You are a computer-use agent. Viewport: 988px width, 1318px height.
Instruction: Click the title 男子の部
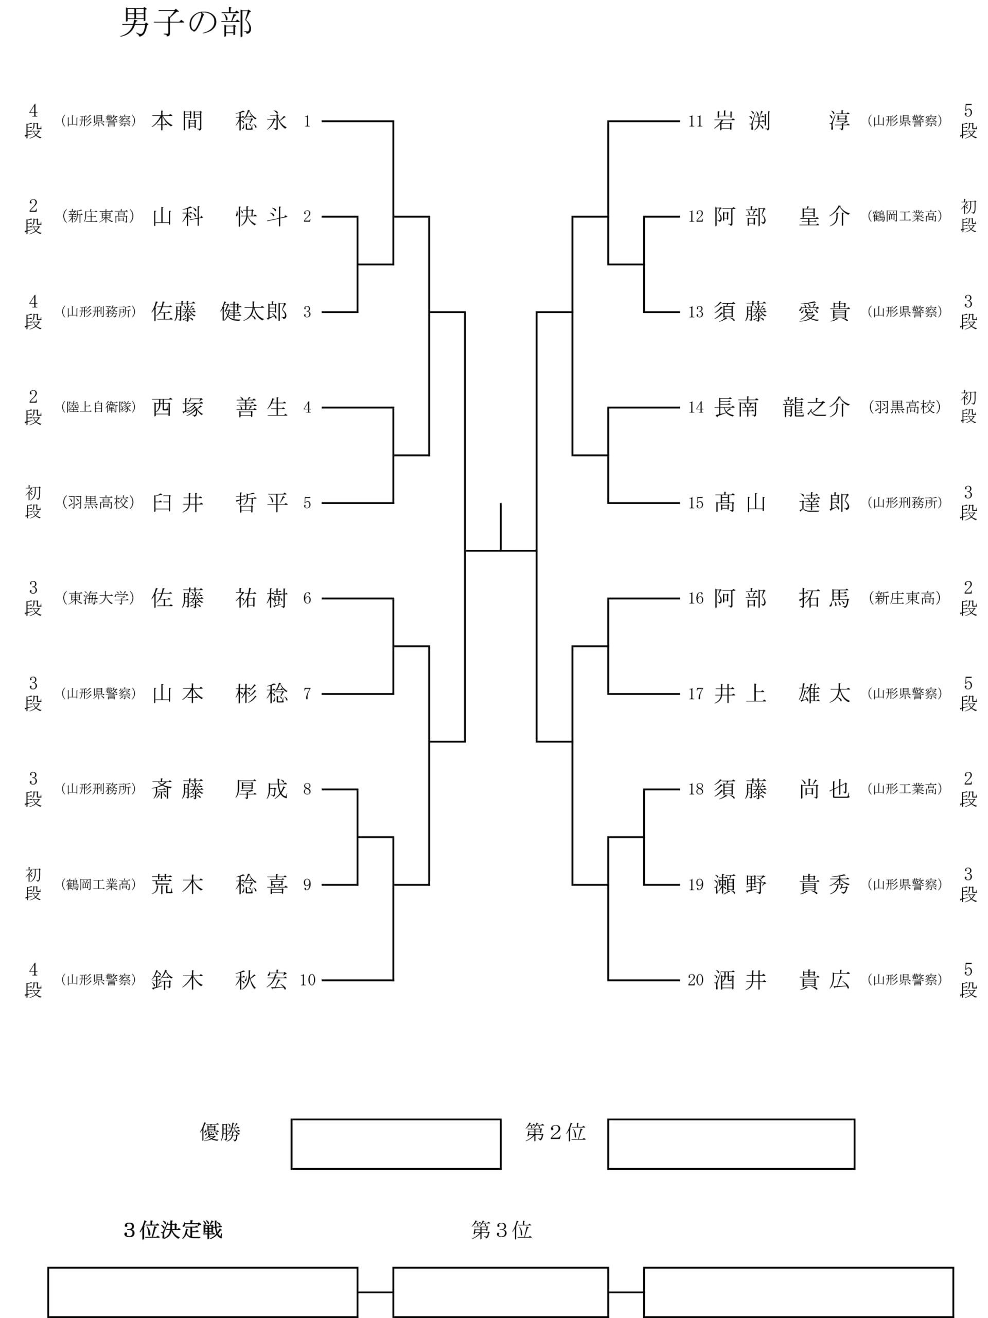tap(186, 23)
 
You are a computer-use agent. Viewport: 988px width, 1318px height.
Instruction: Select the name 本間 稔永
tap(220, 121)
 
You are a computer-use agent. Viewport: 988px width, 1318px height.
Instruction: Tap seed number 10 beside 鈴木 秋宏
tap(307, 980)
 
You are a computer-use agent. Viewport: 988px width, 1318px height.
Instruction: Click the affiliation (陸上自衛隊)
tap(98, 407)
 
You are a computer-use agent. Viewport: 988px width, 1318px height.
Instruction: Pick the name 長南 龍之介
tap(782, 408)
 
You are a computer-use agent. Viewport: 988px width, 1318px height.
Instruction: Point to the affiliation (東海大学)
tap(98, 598)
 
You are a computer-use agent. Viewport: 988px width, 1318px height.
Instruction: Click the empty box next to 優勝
tap(396, 1144)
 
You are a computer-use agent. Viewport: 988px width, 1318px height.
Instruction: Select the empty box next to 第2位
tap(731, 1144)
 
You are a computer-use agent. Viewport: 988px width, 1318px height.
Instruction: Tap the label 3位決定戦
tap(173, 1230)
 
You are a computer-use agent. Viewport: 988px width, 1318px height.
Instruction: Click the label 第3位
tap(501, 1230)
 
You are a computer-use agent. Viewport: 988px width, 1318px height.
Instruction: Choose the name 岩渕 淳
tap(782, 121)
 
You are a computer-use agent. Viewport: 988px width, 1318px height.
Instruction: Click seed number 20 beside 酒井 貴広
tap(696, 980)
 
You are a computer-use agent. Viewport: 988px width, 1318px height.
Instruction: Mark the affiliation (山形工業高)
tap(905, 789)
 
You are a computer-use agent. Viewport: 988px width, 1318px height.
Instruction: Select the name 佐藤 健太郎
tap(220, 311)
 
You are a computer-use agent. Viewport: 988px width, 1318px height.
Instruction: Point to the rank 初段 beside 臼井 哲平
tap(33, 502)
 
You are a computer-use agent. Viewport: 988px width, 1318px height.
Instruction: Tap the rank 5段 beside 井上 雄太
tap(968, 693)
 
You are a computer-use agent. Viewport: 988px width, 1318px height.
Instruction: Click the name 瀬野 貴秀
tap(782, 885)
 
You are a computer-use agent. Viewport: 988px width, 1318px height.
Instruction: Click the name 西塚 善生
tap(220, 408)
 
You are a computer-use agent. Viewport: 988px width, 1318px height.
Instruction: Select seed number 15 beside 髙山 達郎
tap(696, 503)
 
